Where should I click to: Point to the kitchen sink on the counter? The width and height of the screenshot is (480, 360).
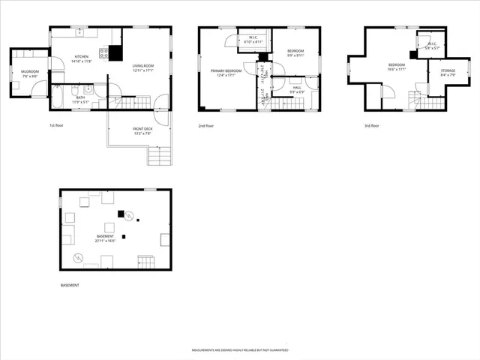80,32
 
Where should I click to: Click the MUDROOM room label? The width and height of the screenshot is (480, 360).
29,71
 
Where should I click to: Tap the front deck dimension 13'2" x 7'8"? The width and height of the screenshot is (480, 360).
143,133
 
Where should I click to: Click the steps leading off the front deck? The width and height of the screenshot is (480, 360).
160,156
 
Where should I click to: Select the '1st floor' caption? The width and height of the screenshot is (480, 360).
57,125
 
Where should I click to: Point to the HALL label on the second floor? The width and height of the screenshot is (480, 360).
298,88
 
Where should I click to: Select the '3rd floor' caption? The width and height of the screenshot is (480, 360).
371,125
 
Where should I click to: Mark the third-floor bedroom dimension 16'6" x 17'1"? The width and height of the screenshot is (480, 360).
397,70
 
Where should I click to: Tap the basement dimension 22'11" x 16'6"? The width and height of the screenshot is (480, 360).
104,240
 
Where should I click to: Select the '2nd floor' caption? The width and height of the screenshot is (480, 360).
206,125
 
